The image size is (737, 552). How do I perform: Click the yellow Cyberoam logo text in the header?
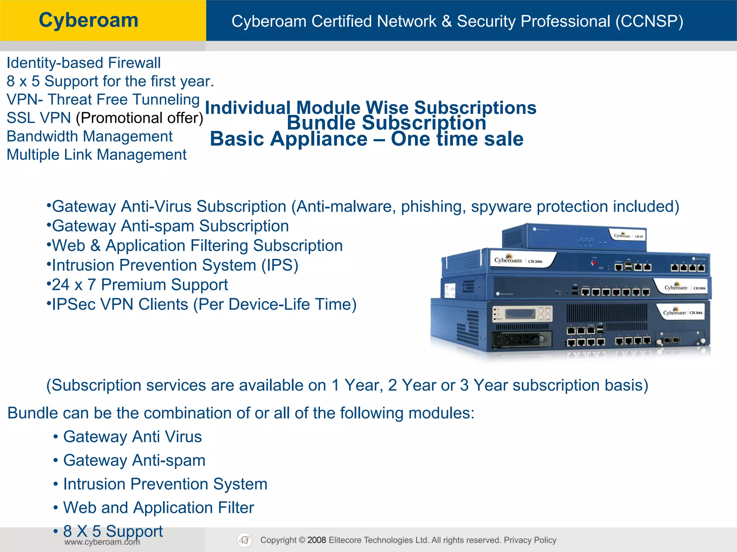[89, 20]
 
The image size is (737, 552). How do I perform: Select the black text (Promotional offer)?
[140, 118]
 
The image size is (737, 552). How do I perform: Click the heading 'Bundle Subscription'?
[386, 123]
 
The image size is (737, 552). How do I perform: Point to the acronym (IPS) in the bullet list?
[280, 266]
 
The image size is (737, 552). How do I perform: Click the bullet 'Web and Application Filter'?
[158, 508]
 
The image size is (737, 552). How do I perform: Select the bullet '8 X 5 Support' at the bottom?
[113, 531]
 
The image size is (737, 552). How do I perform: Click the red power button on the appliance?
[594, 263]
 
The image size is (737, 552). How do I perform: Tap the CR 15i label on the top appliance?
[639, 236]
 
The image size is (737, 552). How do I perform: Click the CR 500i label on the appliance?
[699, 288]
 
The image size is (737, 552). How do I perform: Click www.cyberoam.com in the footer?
[102, 542]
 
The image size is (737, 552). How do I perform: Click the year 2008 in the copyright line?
[317, 540]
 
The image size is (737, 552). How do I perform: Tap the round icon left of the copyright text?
[245, 540]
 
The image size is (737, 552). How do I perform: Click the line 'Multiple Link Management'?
[96, 155]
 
